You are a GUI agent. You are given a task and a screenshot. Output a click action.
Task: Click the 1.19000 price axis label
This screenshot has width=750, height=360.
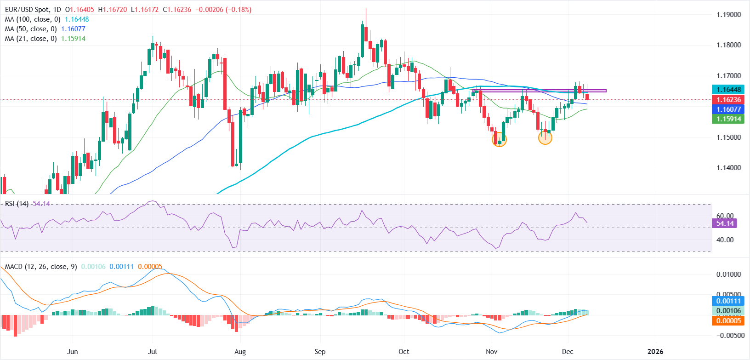point(728,15)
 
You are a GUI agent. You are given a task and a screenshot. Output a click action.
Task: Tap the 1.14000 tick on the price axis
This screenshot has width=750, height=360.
point(728,168)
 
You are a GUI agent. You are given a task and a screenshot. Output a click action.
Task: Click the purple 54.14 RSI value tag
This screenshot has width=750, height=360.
point(724,223)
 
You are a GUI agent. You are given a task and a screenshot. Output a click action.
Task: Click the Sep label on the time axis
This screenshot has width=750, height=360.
point(320,352)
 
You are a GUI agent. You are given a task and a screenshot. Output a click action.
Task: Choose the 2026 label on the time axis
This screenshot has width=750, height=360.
point(655,352)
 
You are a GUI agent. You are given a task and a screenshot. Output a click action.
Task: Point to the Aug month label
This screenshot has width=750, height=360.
point(240,352)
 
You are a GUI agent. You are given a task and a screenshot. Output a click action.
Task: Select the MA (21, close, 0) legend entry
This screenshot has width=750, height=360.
point(31,39)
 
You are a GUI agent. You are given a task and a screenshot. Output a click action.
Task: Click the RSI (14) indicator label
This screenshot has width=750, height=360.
point(17,204)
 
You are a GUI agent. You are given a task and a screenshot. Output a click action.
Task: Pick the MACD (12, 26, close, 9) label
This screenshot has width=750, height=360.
point(41,267)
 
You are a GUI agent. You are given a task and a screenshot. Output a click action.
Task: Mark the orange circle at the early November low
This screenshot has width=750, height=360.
point(499,140)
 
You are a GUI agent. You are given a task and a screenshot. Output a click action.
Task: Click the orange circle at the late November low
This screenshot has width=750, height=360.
point(545,137)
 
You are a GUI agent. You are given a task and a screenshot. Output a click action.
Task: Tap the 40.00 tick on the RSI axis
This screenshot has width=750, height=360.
point(725,240)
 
